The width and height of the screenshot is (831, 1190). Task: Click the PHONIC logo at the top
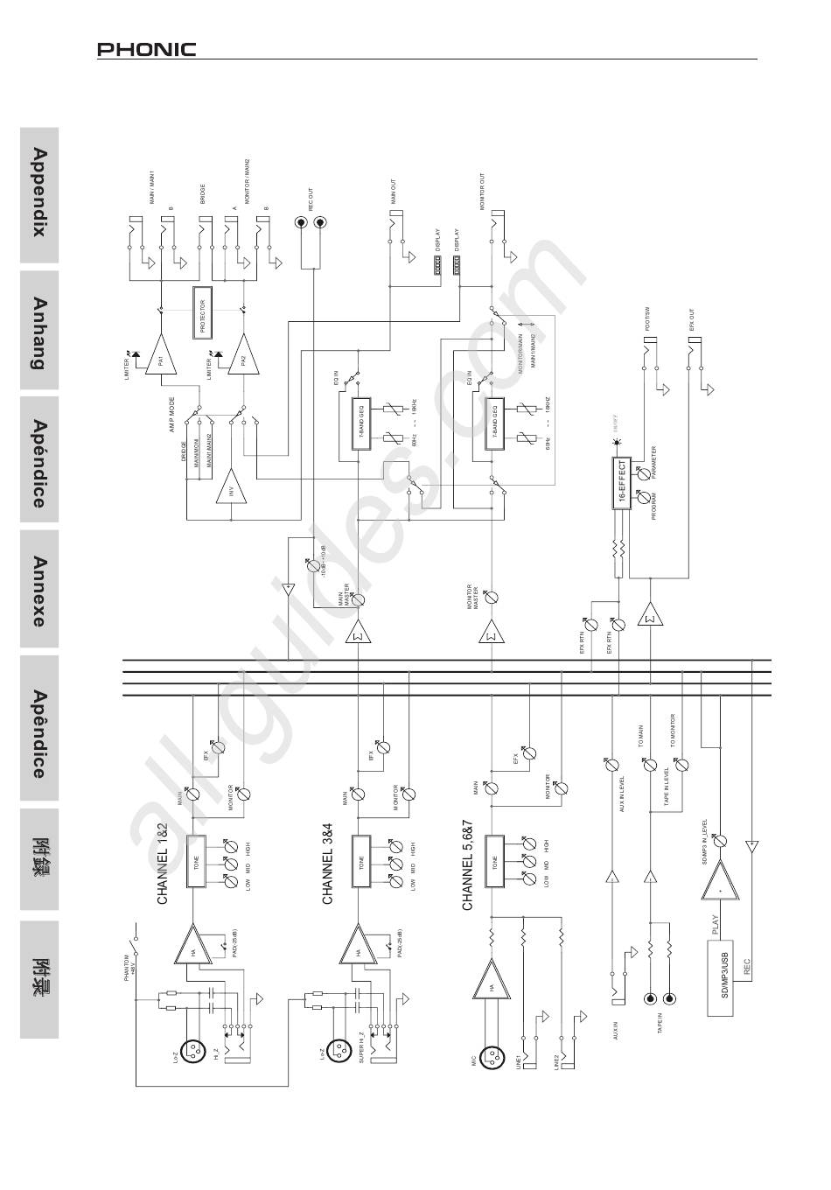pos(146,50)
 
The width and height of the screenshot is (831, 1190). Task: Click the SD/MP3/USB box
pos(719,976)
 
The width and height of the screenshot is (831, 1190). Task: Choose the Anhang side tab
pos(39,332)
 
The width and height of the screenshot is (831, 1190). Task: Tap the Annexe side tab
pos(39,591)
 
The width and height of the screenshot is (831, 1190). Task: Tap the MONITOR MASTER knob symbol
pos(492,598)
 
